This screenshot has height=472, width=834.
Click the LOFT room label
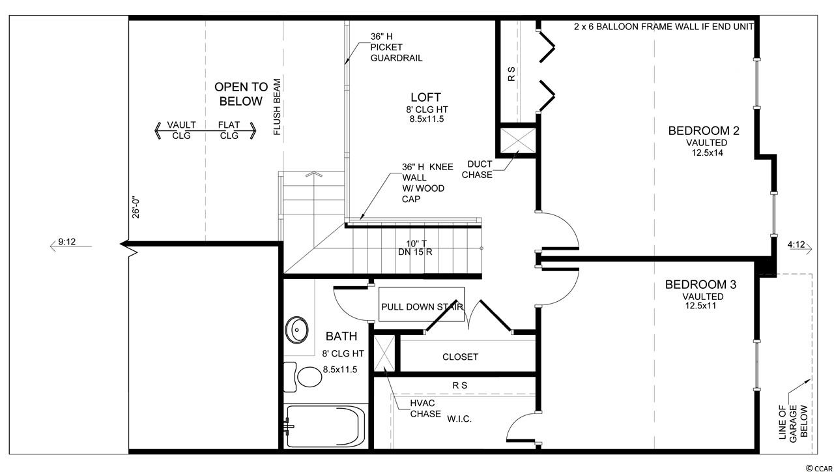click(x=425, y=97)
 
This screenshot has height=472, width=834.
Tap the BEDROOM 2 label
click(x=704, y=131)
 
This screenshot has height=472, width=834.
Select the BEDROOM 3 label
click(x=700, y=285)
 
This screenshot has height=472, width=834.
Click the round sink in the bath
click(x=296, y=330)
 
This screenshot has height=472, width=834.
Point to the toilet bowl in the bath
click(x=309, y=377)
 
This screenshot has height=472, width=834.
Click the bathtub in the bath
click(x=325, y=426)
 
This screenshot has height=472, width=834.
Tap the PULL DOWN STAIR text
click(x=422, y=307)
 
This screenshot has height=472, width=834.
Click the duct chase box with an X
click(x=517, y=140)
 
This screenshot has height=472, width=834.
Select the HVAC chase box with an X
click(x=384, y=353)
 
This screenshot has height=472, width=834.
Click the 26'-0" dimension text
click(x=136, y=208)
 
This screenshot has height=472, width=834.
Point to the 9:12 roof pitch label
click(x=67, y=242)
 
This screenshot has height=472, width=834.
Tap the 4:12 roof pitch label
click(x=796, y=244)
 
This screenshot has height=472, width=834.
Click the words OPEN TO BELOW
click(x=241, y=94)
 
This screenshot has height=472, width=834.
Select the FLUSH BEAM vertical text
click(x=277, y=106)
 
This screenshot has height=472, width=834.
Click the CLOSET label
click(x=460, y=357)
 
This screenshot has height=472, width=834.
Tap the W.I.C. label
click(x=459, y=419)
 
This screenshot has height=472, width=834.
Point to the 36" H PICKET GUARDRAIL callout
click(x=396, y=48)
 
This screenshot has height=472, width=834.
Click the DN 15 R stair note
click(x=415, y=252)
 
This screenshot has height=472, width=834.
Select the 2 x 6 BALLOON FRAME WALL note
click(x=664, y=27)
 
